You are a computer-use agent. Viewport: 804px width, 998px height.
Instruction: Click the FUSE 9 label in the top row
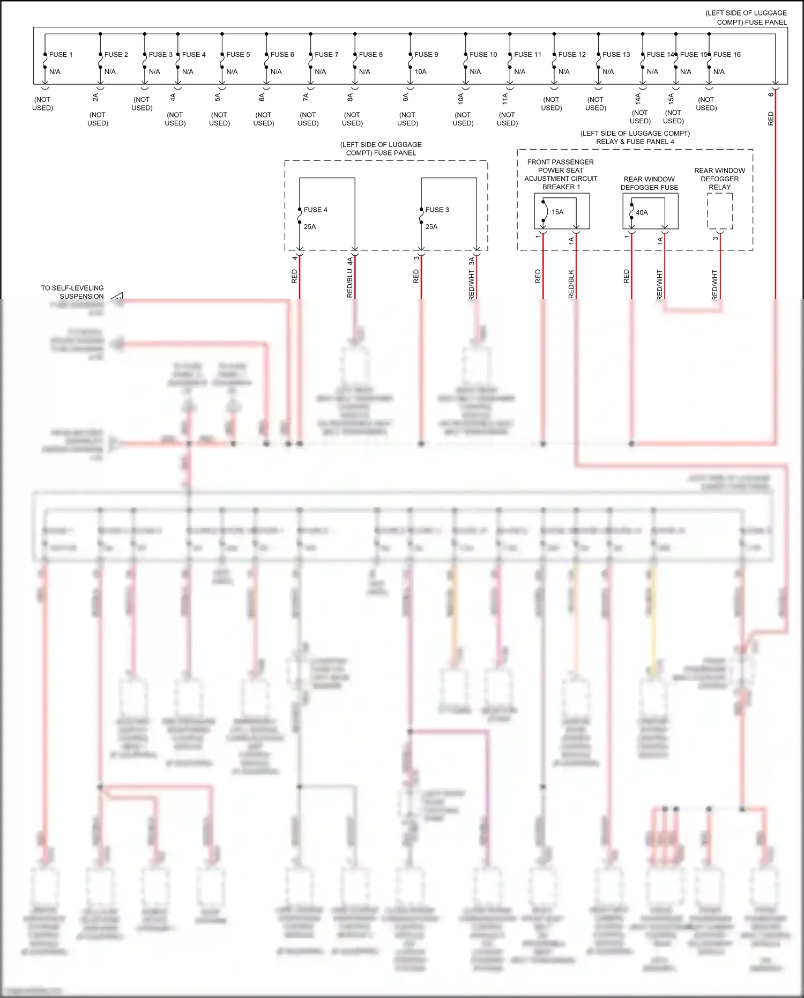(x=426, y=55)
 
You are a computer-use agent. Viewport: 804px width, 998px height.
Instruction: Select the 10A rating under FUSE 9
(x=420, y=72)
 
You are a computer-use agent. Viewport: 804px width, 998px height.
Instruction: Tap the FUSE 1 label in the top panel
(x=61, y=55)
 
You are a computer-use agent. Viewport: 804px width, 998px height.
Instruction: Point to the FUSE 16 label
(x=727, y=55)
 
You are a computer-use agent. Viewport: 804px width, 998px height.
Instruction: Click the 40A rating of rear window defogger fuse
(x=642, y=213)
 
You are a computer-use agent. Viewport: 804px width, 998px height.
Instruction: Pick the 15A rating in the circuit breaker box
(x=557, y=212)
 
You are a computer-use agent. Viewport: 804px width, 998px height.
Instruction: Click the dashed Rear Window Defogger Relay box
(x=720, y=211)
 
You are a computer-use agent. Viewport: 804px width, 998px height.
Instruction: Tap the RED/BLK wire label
(x=571, y=284)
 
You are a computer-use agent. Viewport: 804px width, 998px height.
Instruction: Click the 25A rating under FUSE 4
(x=310, y=227)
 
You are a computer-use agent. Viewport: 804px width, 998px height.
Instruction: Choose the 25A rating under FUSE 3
(x=431, y=227)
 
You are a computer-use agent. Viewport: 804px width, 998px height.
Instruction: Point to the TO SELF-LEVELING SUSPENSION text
(x=72, y=292)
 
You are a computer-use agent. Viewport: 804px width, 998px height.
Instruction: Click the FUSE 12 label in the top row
(x=572, y=55)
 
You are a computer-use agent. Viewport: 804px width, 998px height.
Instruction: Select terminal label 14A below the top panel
(x=638, y=98)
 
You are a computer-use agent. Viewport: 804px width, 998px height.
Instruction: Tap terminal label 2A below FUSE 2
(x=95, y=97)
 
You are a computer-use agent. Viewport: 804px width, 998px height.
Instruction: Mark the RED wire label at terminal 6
(x=771, y=119)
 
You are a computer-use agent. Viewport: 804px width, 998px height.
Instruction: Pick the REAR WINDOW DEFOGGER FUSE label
(x=649, y=183)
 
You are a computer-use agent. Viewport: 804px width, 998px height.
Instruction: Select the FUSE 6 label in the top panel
(x=282, y=55)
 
